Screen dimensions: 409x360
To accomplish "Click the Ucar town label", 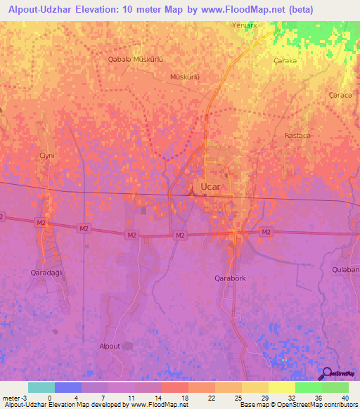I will click(x=210, y=186).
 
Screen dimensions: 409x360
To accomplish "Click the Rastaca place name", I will click(x=297, y=134).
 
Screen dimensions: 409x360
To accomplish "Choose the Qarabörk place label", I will click(x=230, y=278).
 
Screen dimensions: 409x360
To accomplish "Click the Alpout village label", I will click(x=110, y=346).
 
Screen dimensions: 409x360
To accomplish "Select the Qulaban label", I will click(x=345, y=270).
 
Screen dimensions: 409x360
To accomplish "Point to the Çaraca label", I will click(x=340, y=94).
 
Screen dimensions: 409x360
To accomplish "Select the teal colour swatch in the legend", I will click(x=41, y=387).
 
